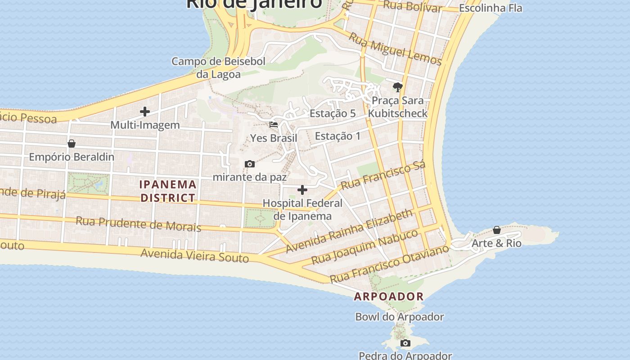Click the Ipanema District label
pyautogui.click(x=168, y=191)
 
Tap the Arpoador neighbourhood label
pyautogui.click(x=389, y=296)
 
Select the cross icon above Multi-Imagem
pyautogui.click(x=145, y=111)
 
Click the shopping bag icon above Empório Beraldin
pyautogui.click(x=71, y=144)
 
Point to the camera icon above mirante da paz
pyautogui.click(x=249, y=164)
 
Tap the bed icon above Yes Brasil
pyautogui.click(x=274, y=125)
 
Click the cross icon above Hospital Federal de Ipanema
pyautogui.click(x=302, y=190)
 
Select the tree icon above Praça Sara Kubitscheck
pyautogui.click(x=397, y=87)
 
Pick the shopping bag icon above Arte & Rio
pyautogui.click(x=497, y=230)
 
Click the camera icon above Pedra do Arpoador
pyautogui.click(x=405, y=343)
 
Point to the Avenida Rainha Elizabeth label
pyautogui.click(x=349, y=231)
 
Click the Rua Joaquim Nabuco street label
pyautogui.click(x=365, y=247)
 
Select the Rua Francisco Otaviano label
pyautogui.click(x=390, y=264)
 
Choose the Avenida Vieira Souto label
pyautogui.click(x=194, y=255)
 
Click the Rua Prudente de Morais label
pyautogui.click(x=138, y=223)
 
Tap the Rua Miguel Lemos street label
pyautogui.click(x=396, y=49)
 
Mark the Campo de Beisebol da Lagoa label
pyautogui.click(x=219, y=67)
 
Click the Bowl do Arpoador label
pyautogui.click(x=400, y=317)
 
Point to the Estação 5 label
pyautogui.click(x=333, y=113)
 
